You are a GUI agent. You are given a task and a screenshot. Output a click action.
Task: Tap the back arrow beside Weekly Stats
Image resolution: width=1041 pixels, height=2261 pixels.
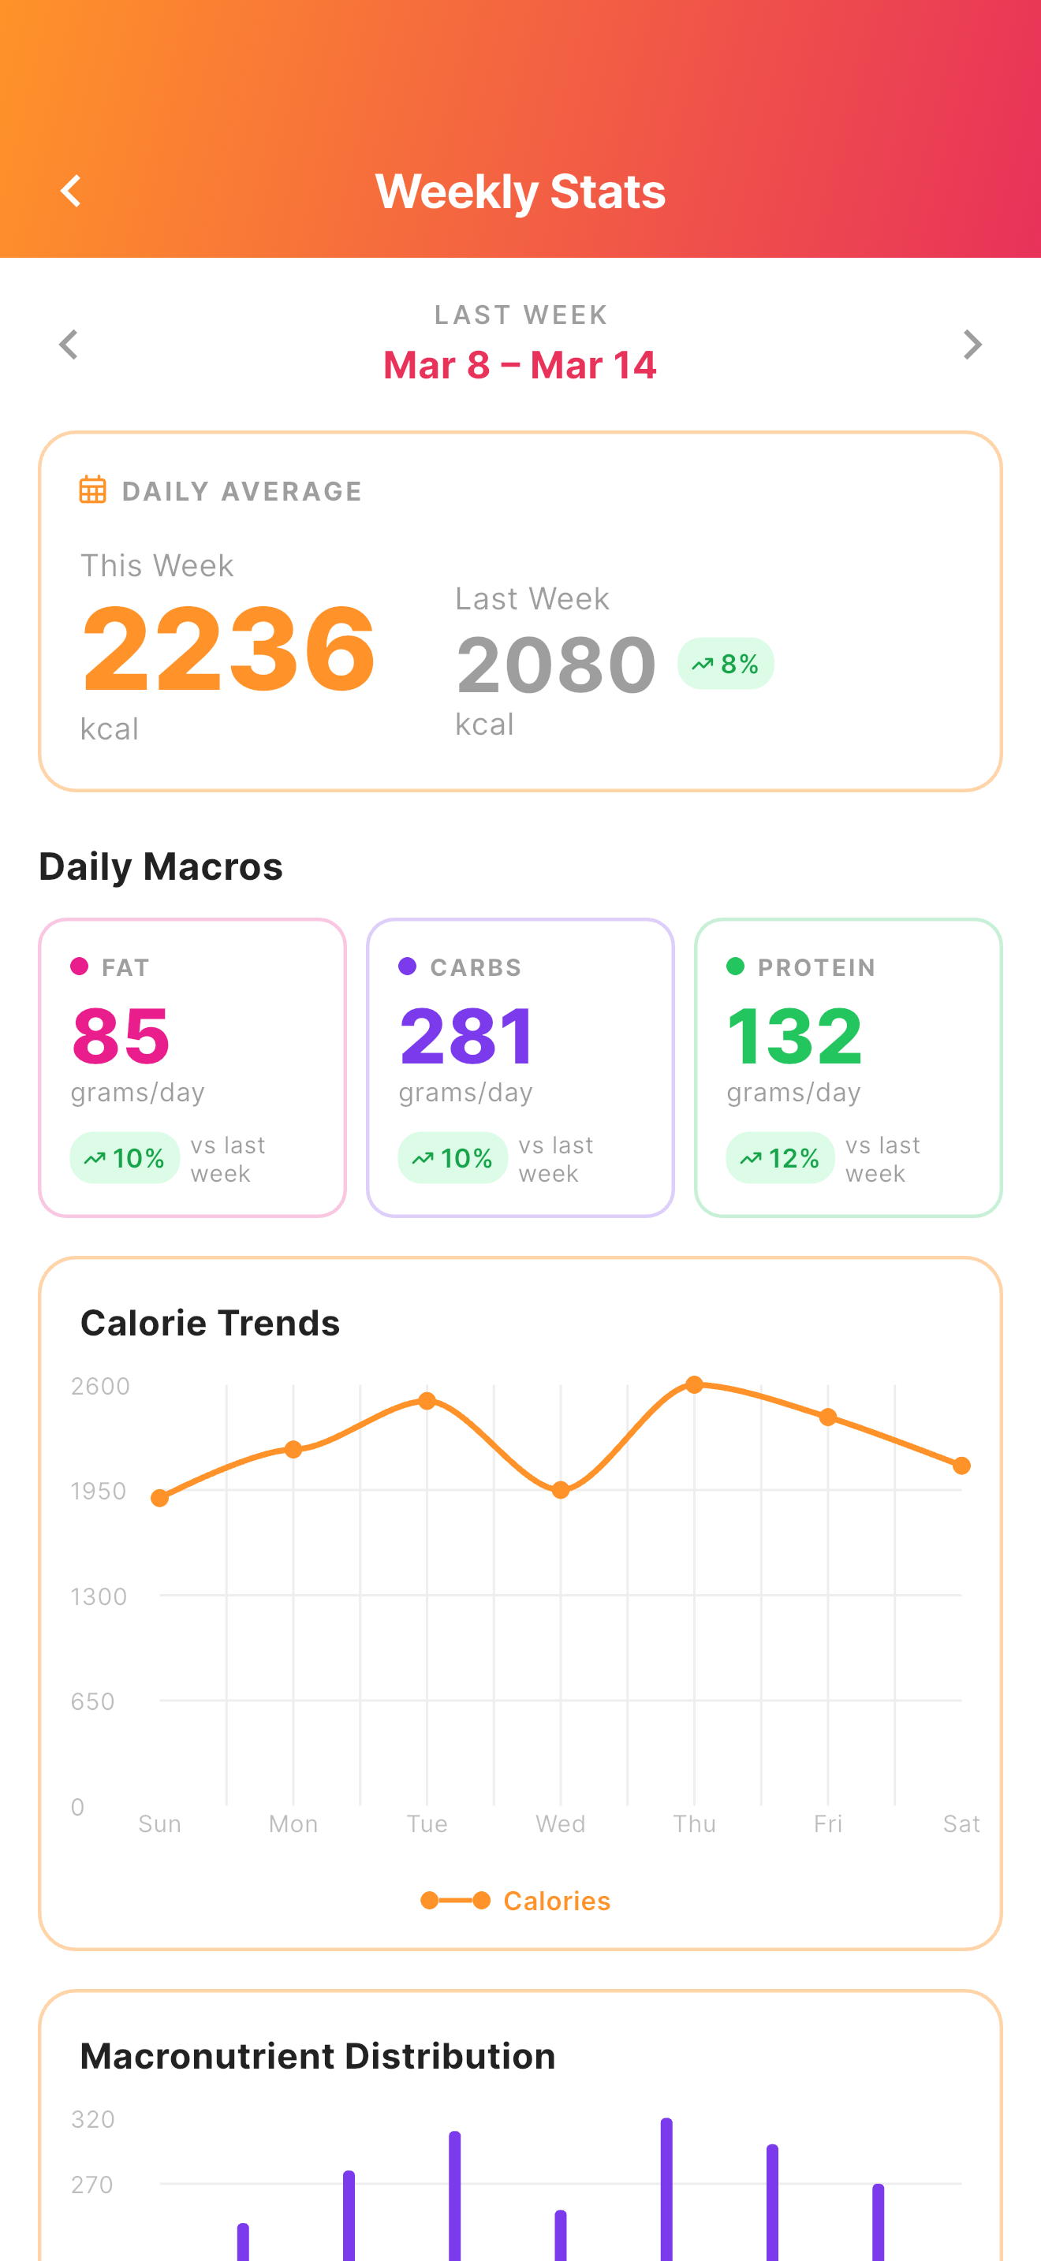coord(71,191)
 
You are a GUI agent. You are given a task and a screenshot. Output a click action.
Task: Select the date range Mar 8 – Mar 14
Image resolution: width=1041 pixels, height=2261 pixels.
coord(520,365)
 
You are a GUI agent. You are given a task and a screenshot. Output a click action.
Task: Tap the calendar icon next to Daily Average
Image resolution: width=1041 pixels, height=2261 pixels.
coord(93,490)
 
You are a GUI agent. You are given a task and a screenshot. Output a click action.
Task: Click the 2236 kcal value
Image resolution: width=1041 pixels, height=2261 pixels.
coord(228,650)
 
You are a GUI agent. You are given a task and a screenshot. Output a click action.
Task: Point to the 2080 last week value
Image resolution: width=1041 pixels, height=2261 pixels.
coord(556,665)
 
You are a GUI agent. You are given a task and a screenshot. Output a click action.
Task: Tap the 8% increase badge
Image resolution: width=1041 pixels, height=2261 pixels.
coord(726,664)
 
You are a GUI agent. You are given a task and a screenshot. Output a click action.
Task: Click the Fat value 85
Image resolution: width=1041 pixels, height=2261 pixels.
coord(121,1036)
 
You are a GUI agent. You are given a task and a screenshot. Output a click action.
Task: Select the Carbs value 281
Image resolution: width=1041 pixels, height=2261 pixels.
coord(466,1036)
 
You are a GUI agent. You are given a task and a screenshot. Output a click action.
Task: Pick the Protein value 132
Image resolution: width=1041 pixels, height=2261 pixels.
coord(794,1036)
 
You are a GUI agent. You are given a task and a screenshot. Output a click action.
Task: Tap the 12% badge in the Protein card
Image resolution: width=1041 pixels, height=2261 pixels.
coord(780,1158)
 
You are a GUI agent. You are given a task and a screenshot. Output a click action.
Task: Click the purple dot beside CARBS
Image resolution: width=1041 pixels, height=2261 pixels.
coord(407,967)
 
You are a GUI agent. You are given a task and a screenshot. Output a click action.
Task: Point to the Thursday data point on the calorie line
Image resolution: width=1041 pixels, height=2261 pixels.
coord(694,1385)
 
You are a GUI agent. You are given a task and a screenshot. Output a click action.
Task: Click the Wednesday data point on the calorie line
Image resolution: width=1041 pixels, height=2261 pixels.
coord(561,1489)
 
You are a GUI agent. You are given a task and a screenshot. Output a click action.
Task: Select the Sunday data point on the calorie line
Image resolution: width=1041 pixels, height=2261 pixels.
coord(160,1498)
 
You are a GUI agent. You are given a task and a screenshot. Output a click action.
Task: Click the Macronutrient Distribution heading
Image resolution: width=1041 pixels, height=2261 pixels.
coord(318,2055)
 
